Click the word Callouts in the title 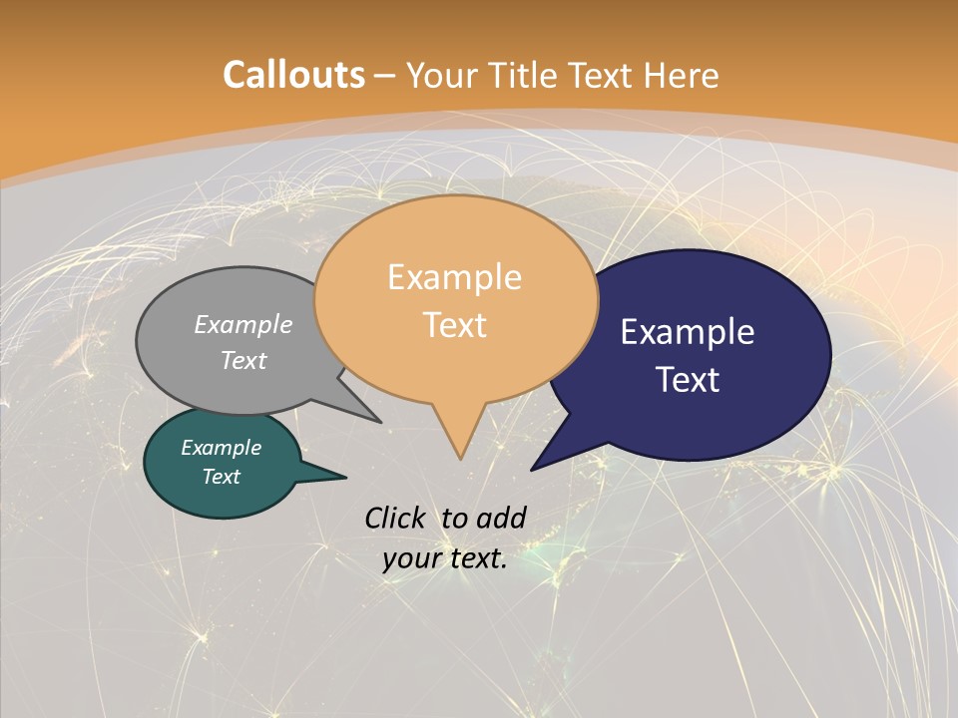pyautogui.click(x=293, y=75)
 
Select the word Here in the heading pyautogui.click(x=682, y=75)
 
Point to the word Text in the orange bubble pyautogui.click(x=454, y=324)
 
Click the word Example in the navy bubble pyautogui.click(x=688, y=331)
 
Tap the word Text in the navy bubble pyautogui.click(x=688, y=379)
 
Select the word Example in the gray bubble pyautogui.click(x=243, y=324)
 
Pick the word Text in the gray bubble pyautogui.click(x=243, y=360)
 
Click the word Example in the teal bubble pyautogui.click(x=221, y=448)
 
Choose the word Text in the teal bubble pyautogui.click(x=221, y=477)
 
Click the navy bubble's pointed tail pyautogui.click(x=544, y=460)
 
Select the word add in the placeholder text pyautogui.click(x=501, y=518)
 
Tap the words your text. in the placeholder pyautogui.click(x=444, y=558)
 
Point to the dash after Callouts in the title pyautogui.click(x=385, y=75)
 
